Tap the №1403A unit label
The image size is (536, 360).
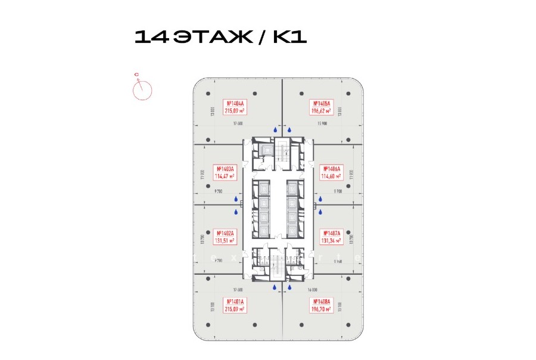(226, 172)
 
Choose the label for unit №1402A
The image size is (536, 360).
(226, 237)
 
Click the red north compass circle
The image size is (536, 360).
(142, 89)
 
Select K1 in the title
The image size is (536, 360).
(289, 37)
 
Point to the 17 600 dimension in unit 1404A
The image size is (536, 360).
(237, 124)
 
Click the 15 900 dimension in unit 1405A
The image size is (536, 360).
(322, 124)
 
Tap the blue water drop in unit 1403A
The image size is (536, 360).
(236, 200)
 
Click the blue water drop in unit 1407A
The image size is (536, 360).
(320, 211)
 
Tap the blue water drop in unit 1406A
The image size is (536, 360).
(320, 200)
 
